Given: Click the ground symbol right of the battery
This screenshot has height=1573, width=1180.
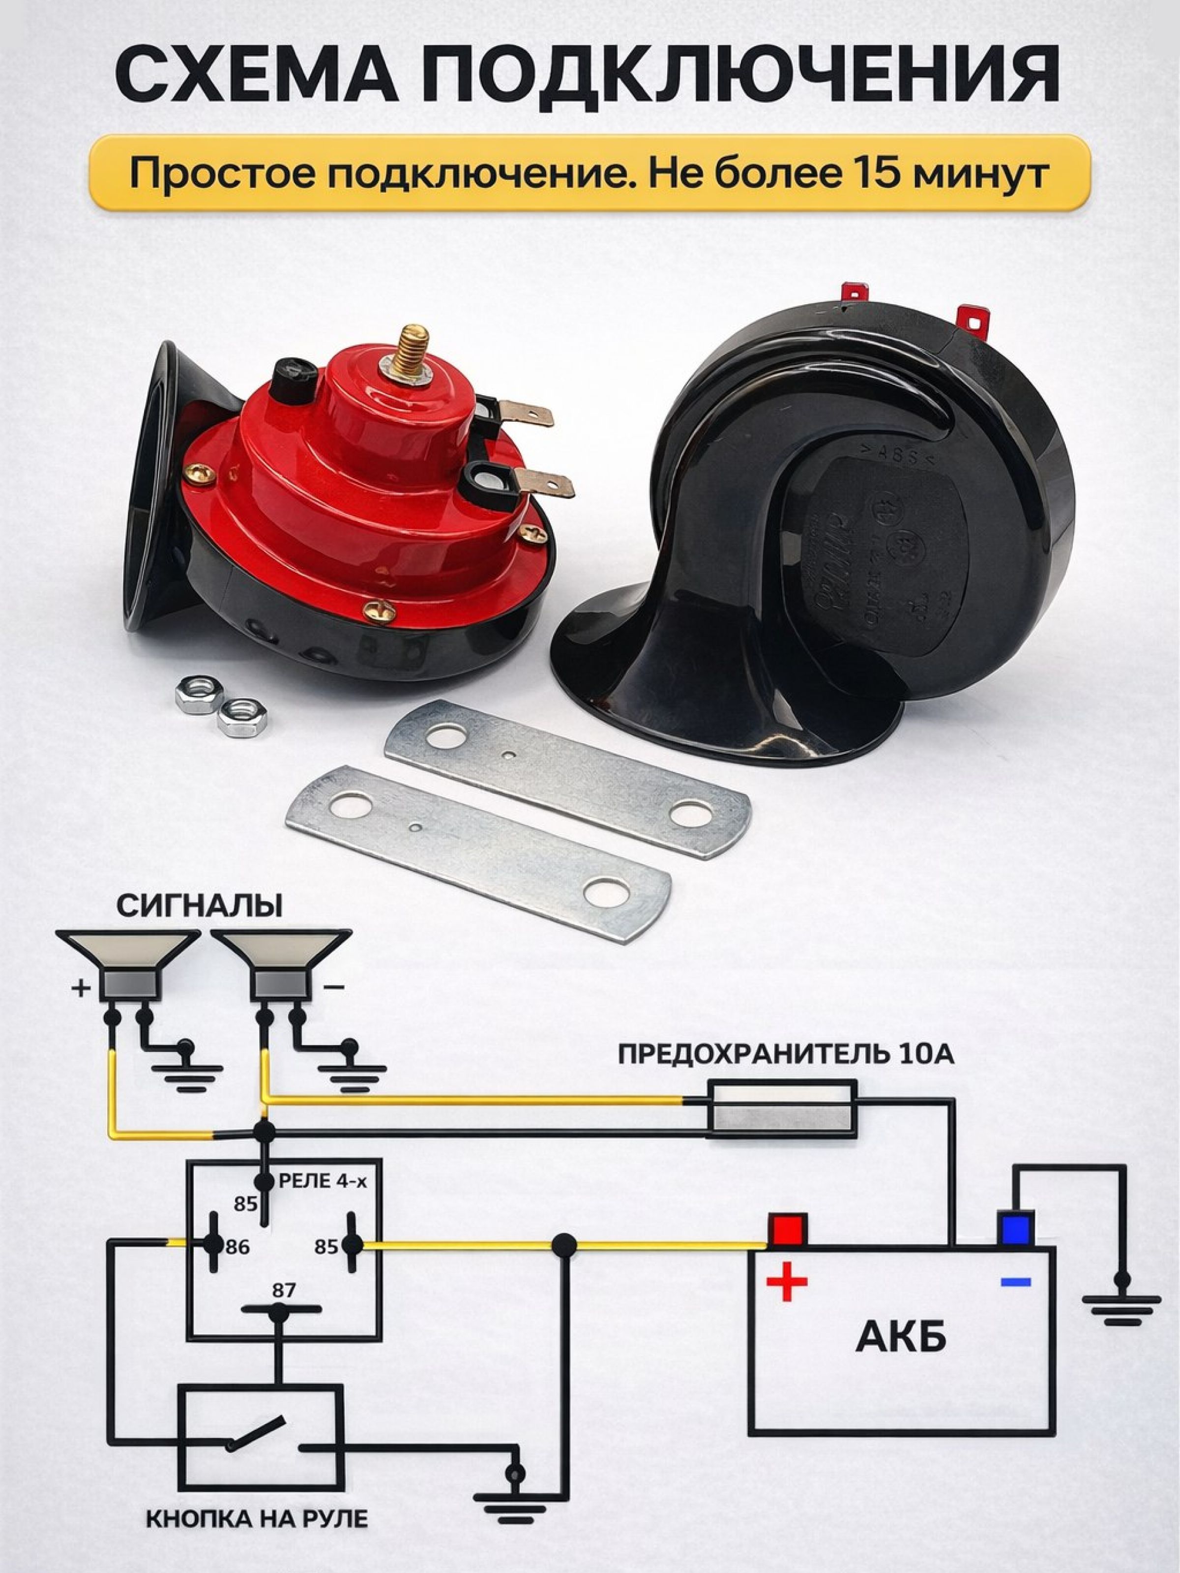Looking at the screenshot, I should pos(1121,1305).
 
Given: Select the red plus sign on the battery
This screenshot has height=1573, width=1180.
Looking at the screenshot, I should pos(787,1282).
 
